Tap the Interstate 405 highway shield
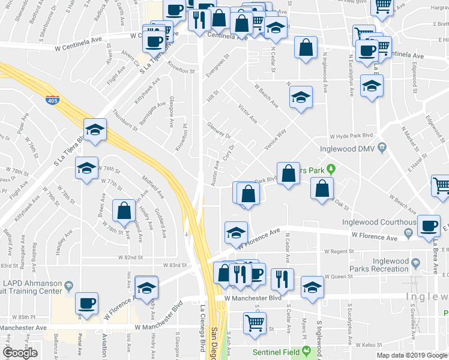(52, 100)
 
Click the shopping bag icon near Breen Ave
(124, 211)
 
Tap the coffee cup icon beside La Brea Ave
(429, 226)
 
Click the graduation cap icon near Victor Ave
(301, 98)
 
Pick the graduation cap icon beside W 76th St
(87, 169)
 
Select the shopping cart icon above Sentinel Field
(255, 323)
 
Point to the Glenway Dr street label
(219, 130)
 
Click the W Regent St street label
(340, 251)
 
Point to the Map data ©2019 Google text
(412, 355)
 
